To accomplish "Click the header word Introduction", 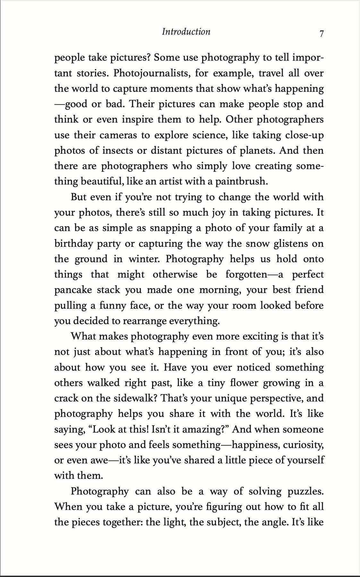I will click(186, 31).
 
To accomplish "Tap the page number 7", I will click(321, 33).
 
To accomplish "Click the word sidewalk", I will click(135, 398).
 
